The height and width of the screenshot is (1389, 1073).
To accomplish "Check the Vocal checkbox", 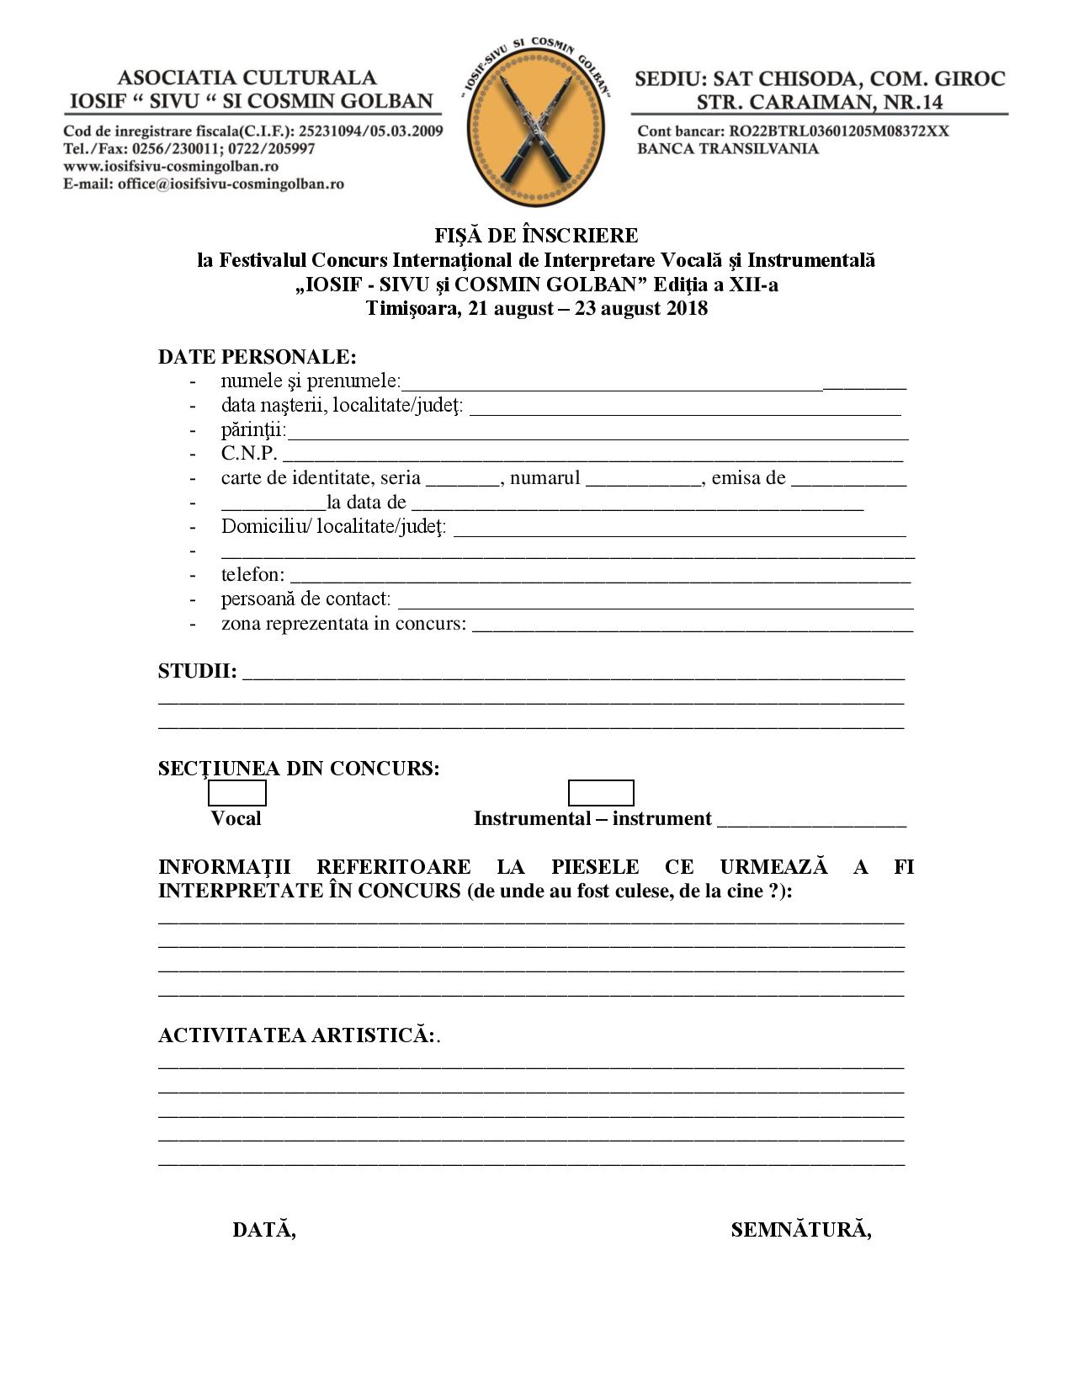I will click(x=236, y=793).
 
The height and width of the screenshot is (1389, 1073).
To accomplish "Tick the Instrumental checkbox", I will click(x=600, y=793).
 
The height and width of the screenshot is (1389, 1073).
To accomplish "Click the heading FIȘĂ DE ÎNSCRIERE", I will click(x=536, y=235).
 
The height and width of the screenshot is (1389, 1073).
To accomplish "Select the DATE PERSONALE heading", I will click(x=257, y=357).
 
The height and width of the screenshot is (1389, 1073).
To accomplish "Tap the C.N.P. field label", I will click(x=249, y=454).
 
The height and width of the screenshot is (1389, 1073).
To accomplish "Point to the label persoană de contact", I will click(x=305, y=599).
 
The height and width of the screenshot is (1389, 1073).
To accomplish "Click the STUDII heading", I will click(x=197, y=672).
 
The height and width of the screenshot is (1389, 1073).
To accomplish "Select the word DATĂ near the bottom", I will click(x=263, y=1230).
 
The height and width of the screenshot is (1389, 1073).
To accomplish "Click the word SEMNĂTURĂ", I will click(x=800, y=1230).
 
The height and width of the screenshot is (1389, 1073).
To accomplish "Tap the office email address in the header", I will click(x=231, y=184).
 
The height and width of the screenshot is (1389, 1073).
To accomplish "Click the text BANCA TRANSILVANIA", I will click(x=728, y=149).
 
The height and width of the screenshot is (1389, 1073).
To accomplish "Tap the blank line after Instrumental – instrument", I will click(x=811, y=821).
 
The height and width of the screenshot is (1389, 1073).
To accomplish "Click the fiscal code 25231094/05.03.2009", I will click(x=371, y=131).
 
